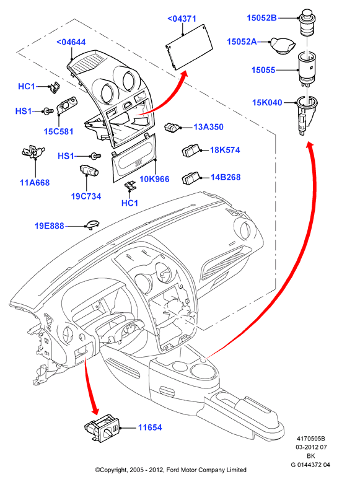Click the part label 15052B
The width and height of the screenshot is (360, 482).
261,18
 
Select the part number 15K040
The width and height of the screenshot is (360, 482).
267,102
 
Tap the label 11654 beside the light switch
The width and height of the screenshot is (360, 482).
150,427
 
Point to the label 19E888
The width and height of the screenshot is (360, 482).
49,226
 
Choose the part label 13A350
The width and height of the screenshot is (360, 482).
208,127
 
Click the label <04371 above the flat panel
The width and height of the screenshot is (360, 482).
182,19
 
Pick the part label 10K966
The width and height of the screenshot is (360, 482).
154,179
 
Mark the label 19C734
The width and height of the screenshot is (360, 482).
86,196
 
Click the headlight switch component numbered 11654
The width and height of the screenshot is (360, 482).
102,427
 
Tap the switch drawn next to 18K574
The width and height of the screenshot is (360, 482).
191,151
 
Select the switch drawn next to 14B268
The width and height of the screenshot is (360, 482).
191,178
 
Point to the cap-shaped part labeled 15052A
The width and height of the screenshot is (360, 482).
283,46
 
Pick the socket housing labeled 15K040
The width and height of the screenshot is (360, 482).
306,115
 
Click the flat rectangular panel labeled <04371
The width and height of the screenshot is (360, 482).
190,47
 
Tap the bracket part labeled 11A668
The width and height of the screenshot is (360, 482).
33,152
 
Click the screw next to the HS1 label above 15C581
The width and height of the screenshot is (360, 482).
47,111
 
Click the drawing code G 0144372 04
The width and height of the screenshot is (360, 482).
310,465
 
